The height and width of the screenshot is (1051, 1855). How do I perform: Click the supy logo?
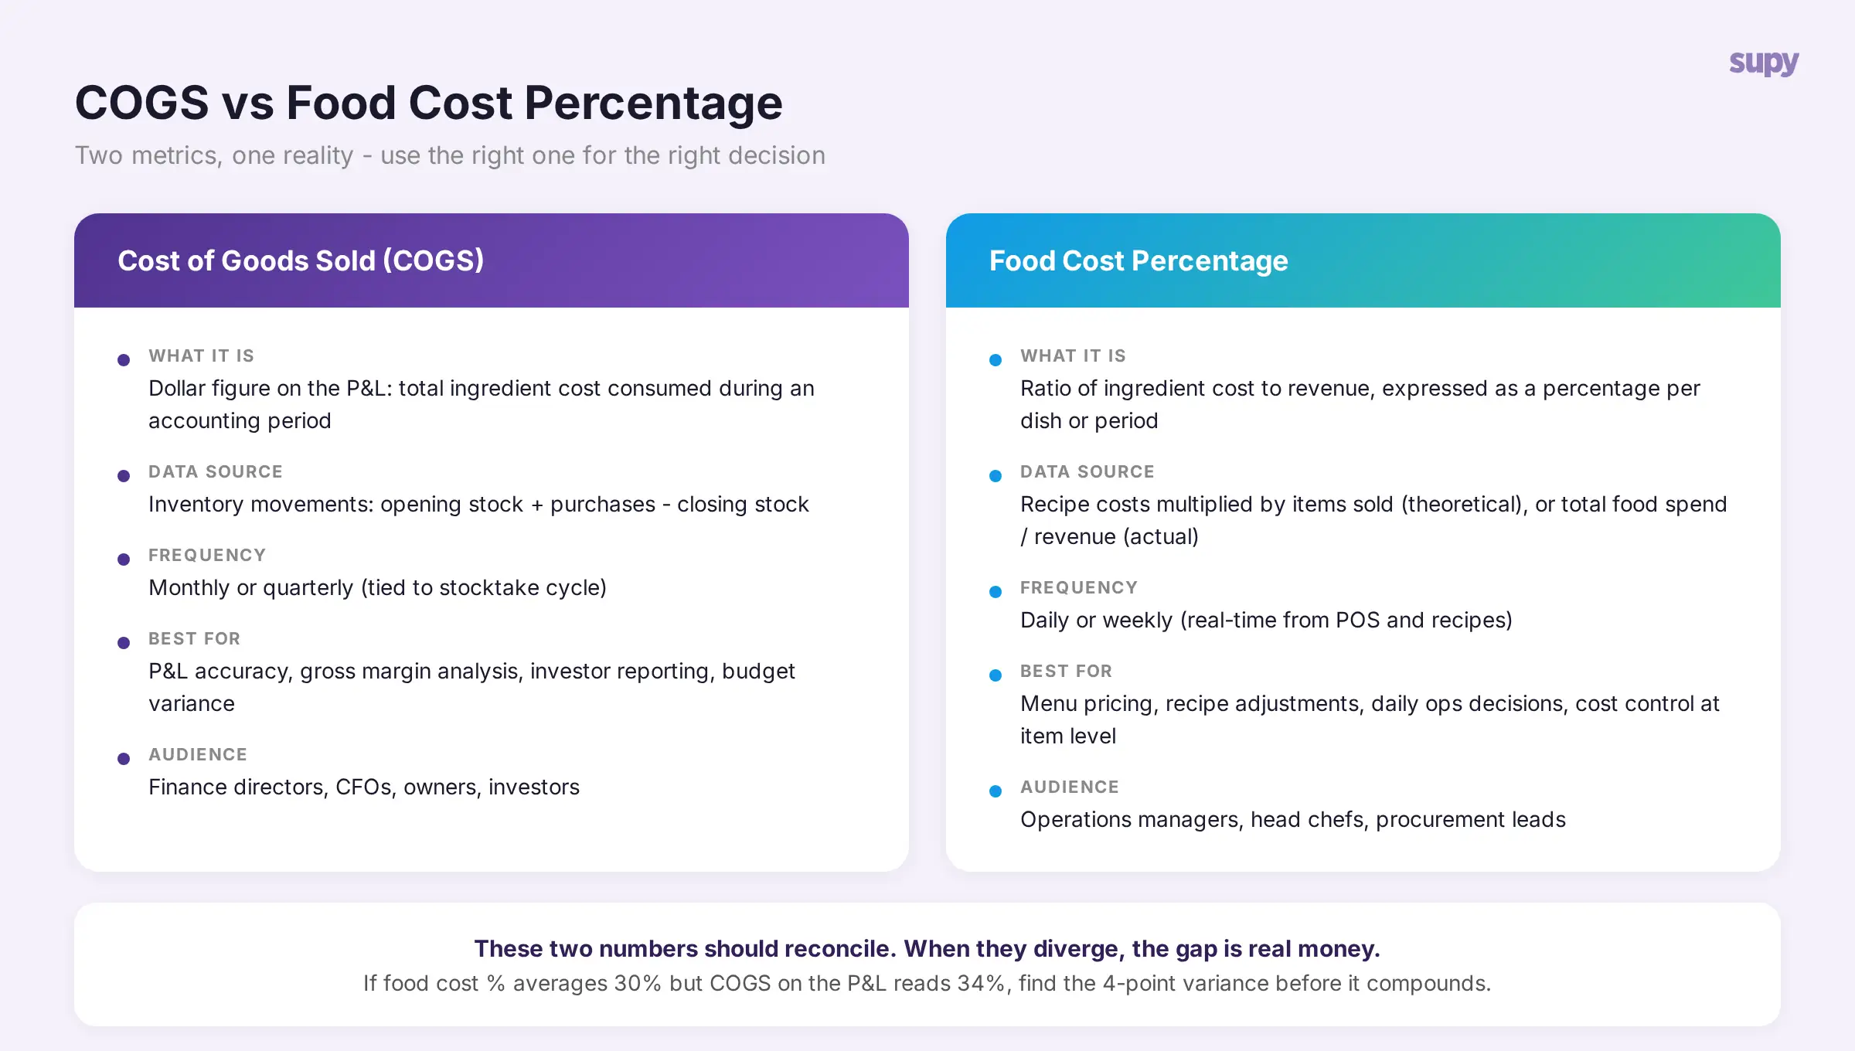point(1764,63)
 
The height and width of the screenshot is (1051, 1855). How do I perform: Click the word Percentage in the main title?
point(653,103)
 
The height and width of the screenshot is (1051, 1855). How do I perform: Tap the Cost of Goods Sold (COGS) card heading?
point(301,260)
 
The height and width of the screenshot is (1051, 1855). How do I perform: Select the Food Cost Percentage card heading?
point(1139,260)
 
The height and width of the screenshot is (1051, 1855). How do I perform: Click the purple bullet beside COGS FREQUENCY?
point(124,560)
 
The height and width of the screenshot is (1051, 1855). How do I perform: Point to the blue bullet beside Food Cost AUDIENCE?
point(996,791)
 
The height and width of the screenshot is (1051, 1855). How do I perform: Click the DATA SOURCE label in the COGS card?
point(216,471)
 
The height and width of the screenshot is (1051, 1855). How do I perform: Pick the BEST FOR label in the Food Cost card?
point(1066,671)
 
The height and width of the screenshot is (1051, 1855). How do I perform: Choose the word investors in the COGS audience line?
point(534,787)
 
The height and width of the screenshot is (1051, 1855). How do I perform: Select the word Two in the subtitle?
point(98,155)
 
